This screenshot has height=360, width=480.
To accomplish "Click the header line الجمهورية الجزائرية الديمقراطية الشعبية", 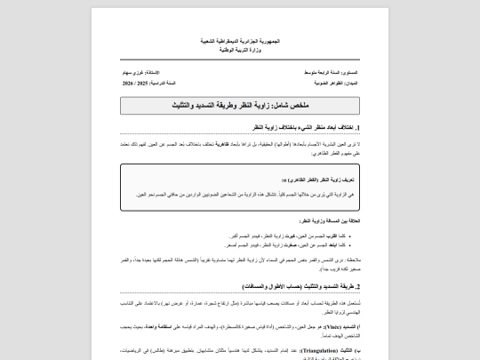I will [240, 42].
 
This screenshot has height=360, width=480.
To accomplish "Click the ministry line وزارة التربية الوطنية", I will [240, 50].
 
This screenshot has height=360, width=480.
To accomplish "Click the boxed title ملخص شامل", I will [240, 105].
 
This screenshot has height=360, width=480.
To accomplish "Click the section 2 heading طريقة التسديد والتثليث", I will [292, 286].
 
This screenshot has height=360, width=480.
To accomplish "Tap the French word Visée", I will [331, 328].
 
